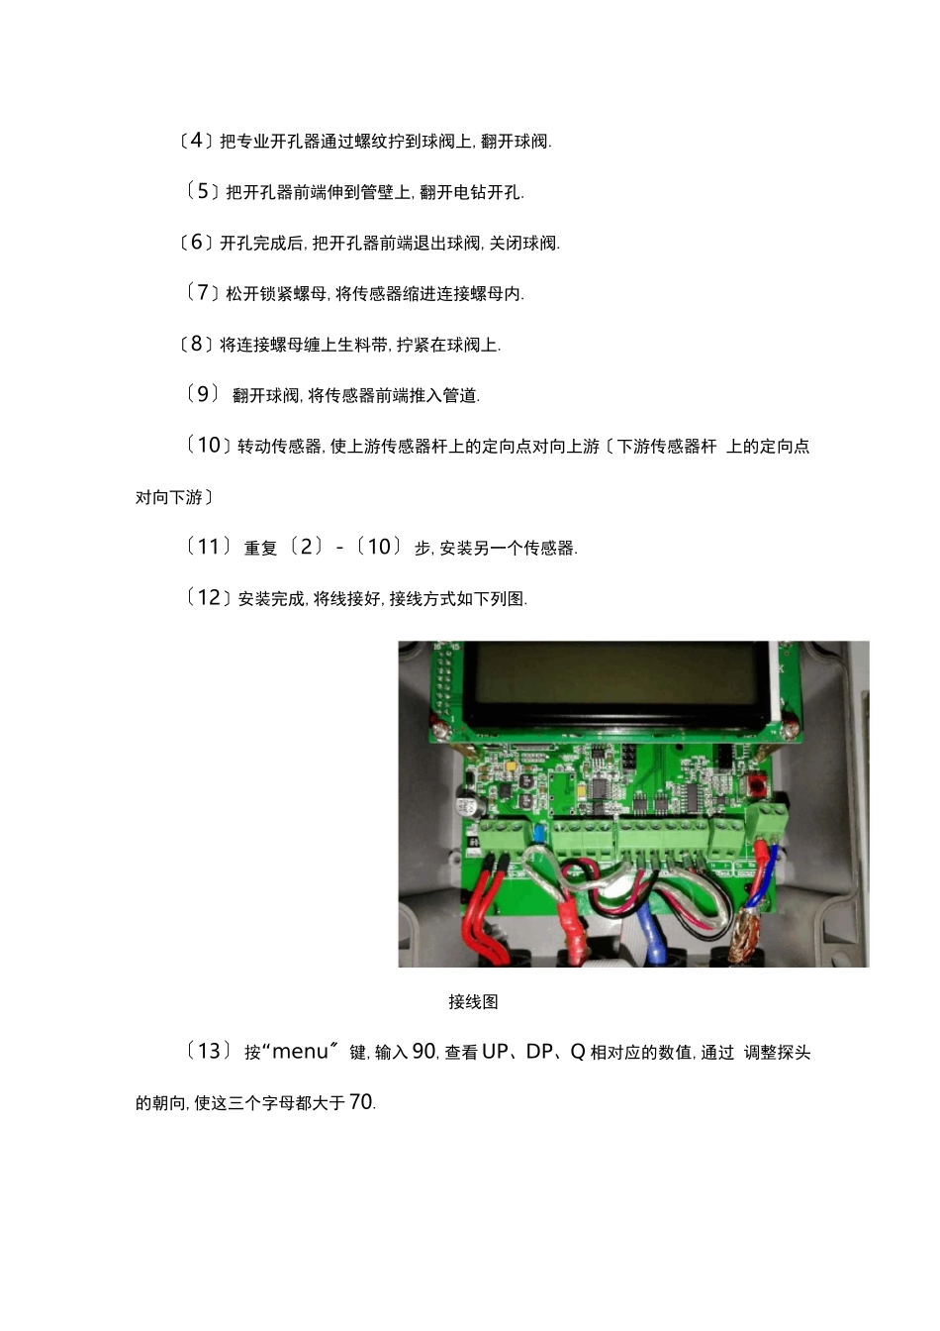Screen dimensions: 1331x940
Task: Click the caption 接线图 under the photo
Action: (473, 1002)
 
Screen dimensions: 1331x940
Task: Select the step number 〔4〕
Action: (196, 141)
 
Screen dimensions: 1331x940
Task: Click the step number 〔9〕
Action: (203, 394)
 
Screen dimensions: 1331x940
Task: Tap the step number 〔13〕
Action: (209, 1051)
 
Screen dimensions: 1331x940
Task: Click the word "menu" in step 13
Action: (300, 1052)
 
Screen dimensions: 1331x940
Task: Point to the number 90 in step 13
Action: (423, 1052)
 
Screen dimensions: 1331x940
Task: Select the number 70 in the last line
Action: (361, 1102)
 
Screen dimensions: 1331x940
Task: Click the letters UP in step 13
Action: (495, 1052)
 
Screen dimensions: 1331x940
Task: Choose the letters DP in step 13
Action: (539, 1052)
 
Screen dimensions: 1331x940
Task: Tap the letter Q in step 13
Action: (577, 1052)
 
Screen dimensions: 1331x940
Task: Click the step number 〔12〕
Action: (209, 597)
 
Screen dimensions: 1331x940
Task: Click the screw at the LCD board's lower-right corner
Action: (789, 731)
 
